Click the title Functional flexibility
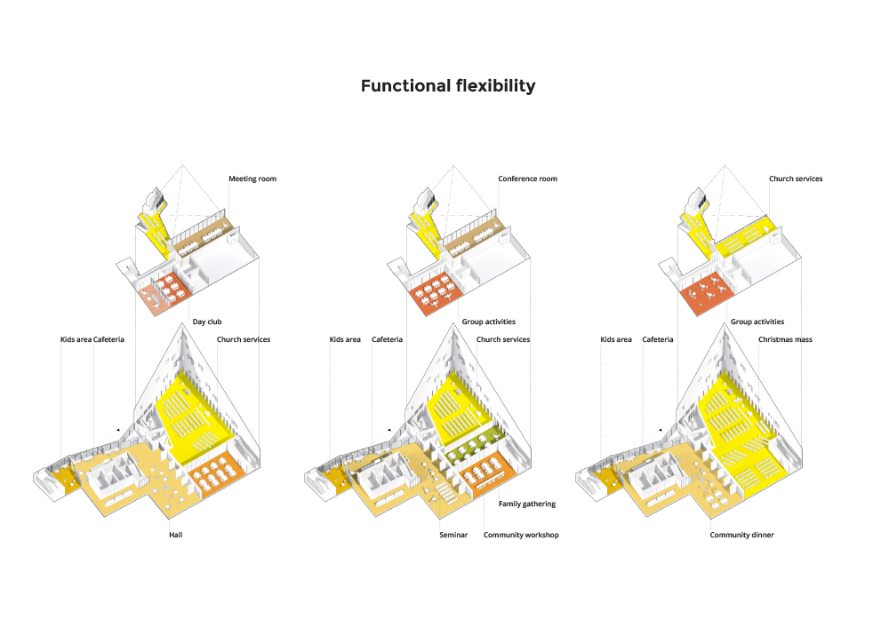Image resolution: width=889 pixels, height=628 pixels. tap(448, 86)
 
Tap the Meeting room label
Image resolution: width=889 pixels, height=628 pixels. tap(252, 179)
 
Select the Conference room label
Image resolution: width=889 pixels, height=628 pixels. tap(527, 179)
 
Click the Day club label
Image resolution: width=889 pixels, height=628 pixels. tap(207, 322)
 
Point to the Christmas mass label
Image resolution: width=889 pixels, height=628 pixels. tap(785, 339)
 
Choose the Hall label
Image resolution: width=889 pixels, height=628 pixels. tap(176, 535)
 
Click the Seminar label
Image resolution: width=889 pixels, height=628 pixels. tap(453, 535)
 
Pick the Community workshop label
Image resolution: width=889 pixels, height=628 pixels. tap(521, 535)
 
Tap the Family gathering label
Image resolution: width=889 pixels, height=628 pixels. tap(526, 504)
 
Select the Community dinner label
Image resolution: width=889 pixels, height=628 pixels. tap(741, 535)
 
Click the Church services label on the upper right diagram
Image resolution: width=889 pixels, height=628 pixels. tap(796, 179)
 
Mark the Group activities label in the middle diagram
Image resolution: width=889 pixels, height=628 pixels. tap(488, 322)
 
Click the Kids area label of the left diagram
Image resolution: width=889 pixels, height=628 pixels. tap(76, 339)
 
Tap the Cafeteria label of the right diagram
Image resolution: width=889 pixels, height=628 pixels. tap(658, 339)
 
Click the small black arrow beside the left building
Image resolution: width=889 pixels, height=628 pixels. tap(118, 431)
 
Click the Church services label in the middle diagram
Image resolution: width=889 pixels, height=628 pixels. tap(503, 339)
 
